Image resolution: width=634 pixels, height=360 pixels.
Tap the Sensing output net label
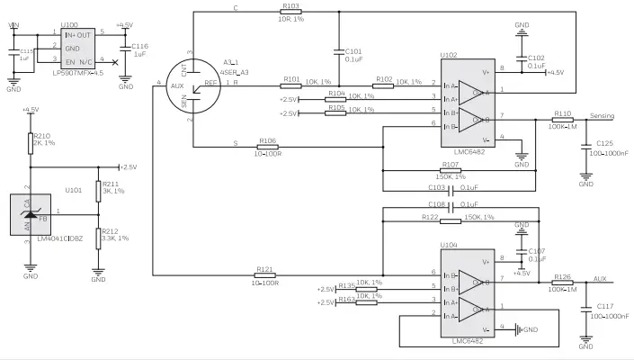(x=601, y=116)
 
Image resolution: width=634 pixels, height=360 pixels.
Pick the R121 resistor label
(x=265, y=269)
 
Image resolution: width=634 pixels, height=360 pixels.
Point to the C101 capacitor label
(x=353, y=53)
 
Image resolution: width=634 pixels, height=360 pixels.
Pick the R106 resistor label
(x=266, y=140)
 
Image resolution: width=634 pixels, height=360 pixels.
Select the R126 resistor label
(x=563, y=276)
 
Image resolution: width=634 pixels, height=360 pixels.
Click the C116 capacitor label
(x=140, y=47)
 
